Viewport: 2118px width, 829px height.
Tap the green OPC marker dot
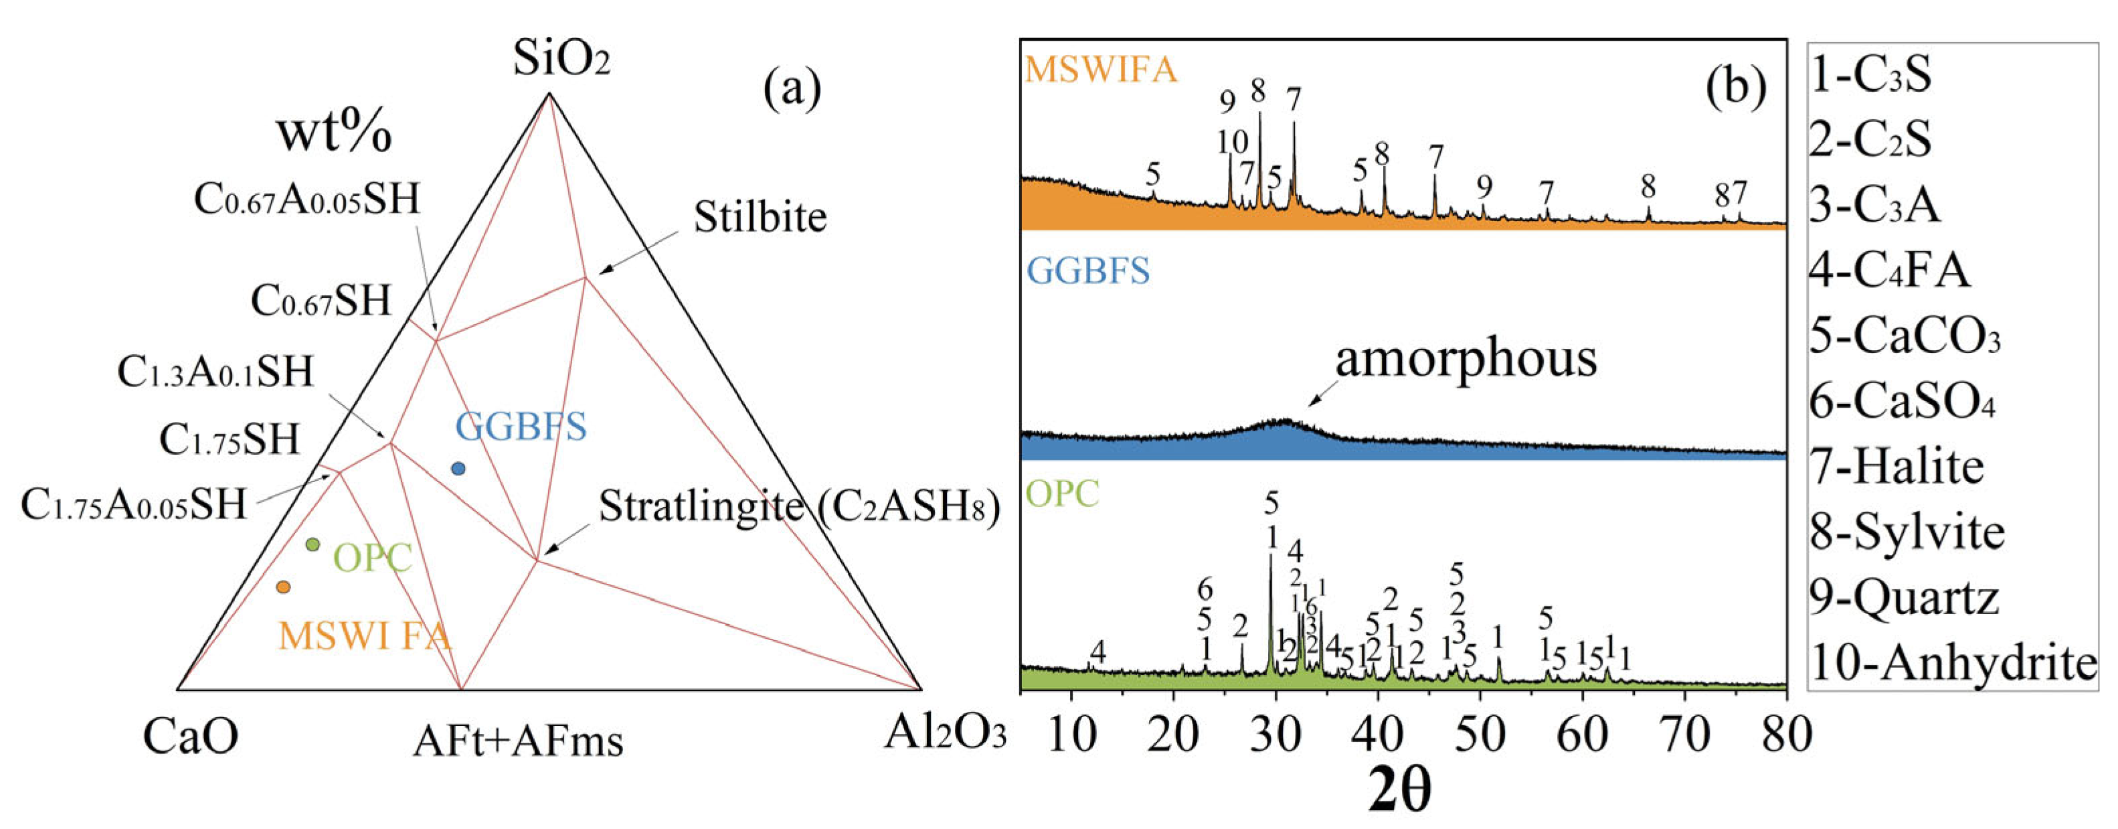313,544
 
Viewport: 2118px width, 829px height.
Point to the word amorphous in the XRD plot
1465,358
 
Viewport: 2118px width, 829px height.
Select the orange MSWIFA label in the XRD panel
1101,69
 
